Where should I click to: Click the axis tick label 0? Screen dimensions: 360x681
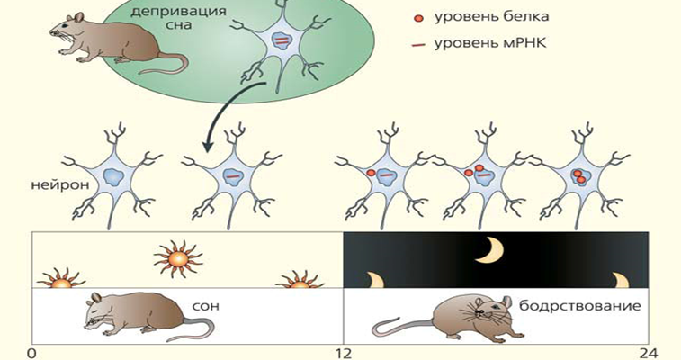[32, 352]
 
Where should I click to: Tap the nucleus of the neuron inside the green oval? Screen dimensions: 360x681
[282, 43]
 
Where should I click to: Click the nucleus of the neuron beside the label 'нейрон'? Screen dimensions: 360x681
[117, 176]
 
